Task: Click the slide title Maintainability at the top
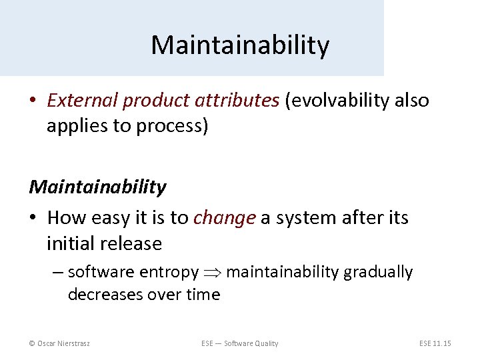coord(240,45)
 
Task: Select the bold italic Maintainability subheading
coord(97,187)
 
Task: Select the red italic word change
coord(225,218)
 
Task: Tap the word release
coord(132,244)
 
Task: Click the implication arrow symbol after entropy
coord(213,273)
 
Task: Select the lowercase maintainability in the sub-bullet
coord(283,273)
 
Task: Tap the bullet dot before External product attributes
coord(33,101)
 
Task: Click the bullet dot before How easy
coord(33,219)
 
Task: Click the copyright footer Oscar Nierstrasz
coord(60,343)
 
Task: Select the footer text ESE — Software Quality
coord(240,343)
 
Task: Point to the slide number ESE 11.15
coord(435,343)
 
